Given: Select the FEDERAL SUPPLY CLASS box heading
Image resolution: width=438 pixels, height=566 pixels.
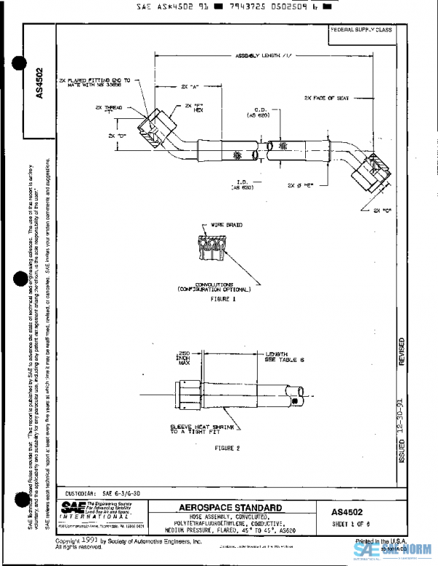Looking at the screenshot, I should tap(361, 30).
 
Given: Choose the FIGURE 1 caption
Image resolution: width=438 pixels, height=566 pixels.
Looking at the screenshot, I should tap(224, 299).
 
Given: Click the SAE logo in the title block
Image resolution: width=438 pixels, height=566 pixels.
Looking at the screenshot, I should tap(74, 505).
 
